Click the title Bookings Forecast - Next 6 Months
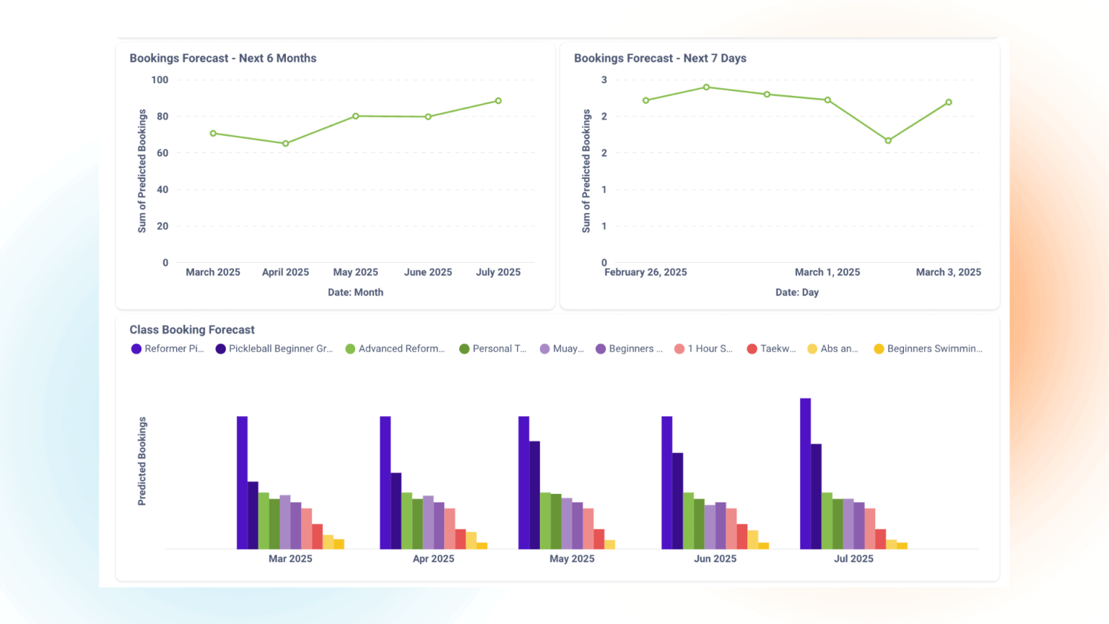pos(222,58)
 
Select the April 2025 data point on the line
pos(286,144)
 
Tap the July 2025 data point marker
pos(498,101)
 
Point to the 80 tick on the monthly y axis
pos(162,116)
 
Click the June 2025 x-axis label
pos(427,272)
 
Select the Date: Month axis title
pos(355,292)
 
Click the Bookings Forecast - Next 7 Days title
pos(660,58)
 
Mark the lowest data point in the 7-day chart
pos(888,141)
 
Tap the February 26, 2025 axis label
pos(645,272)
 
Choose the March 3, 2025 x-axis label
pos(948,272)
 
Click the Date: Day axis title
pos(797,292)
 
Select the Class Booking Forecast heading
pos(192,330)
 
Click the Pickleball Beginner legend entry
pos(274,349)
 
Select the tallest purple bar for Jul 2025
pos(805,473)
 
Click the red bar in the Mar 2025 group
pos(317,536)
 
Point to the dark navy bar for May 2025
pos(534,495)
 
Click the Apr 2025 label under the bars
pos(433,559)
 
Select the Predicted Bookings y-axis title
pos(142,461)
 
